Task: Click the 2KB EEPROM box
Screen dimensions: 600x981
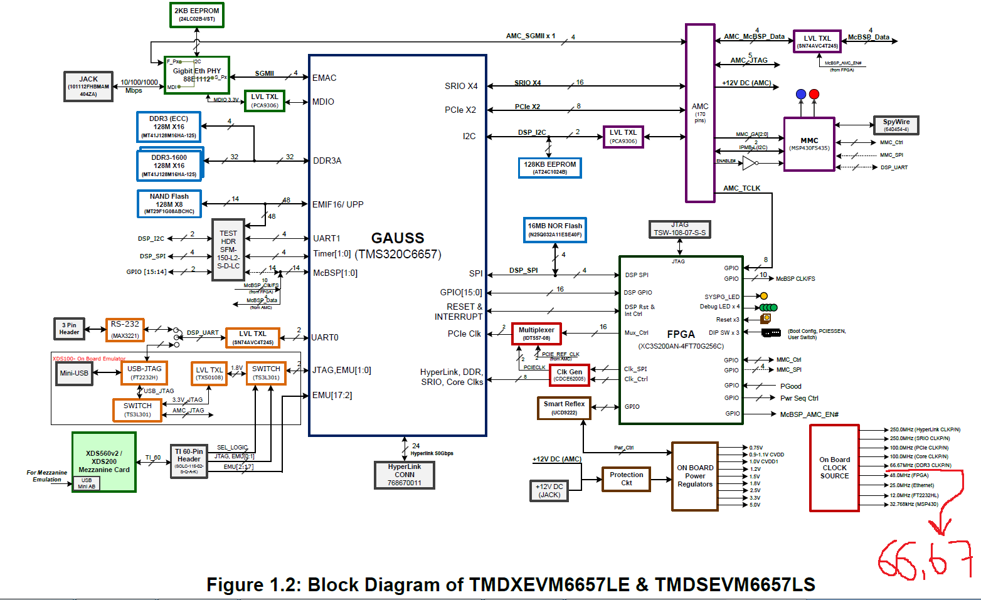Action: click(196, 15)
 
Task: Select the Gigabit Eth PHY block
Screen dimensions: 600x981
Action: click(197, 75)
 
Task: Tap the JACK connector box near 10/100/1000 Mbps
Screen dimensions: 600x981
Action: click(88, 87)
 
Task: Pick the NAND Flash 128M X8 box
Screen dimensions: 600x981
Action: click(169, 204)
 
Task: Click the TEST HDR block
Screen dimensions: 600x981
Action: click(228, 250)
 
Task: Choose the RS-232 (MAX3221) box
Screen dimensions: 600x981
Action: click(125, 330)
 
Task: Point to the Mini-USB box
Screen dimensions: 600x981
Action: click(74, 373)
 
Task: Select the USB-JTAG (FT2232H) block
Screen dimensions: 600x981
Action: click(144, 373)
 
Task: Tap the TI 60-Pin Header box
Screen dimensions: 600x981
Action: click(189, 461)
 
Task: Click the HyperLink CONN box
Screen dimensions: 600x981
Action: click(405, 475)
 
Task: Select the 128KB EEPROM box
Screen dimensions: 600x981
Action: click(550, 167)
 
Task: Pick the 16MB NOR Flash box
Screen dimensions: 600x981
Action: click(555, 229)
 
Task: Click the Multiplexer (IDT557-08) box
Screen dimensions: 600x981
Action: click(536, 334)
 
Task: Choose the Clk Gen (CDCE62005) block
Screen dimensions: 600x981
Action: click(570, 375)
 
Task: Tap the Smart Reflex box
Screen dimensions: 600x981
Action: click(564, 408)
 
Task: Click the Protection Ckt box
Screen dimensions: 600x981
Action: click(626, 478)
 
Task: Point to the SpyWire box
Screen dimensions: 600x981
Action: click(896, 125)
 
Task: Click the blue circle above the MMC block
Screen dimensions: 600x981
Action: click(800, 94)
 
